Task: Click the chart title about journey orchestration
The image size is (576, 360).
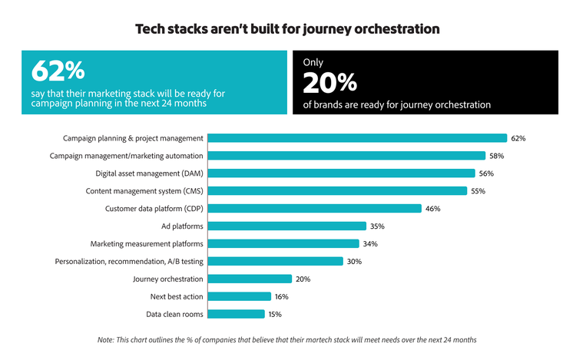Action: [x=287, y=29]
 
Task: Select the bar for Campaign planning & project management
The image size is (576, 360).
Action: [x=358, y=138]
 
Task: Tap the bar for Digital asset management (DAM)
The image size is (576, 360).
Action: [x=342, y=173]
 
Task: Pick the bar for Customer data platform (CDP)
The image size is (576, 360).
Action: [x=315, y=208]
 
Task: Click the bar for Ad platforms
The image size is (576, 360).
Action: [x=287, y=226]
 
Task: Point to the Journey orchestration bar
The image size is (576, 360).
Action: [x=250, y=279]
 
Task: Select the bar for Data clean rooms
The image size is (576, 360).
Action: [x=237, y=314]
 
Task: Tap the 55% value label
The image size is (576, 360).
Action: [x=478, y=191]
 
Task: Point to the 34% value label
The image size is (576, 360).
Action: [x=370, y=244]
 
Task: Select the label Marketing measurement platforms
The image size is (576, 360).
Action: [x=147, y=244]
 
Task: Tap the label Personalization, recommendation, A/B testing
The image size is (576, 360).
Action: [x=129, y=262]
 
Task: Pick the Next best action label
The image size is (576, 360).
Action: [x=176, y=296]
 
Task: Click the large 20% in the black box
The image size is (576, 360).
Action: [x=330, y=82]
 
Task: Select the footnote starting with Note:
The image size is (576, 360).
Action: [x=287, y=339]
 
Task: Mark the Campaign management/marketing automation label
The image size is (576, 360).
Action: [x=127, y=156]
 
